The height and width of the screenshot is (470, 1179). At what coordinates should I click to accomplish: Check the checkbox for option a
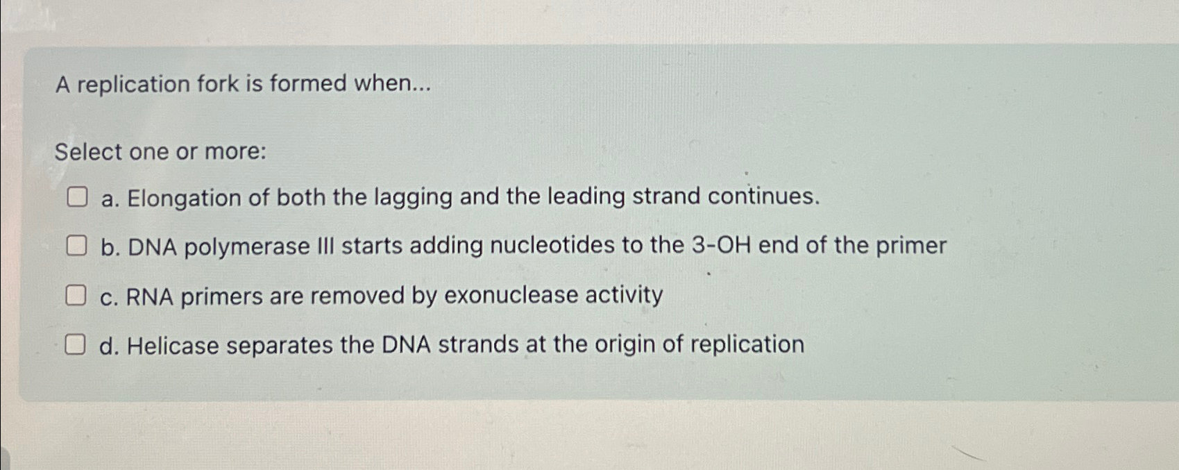(76, 198)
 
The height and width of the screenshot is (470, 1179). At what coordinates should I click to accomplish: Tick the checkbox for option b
(76, 246)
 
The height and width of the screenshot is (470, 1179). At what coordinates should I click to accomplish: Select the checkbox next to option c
(76, 296)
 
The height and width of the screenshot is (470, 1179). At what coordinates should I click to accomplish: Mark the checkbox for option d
(76, 345)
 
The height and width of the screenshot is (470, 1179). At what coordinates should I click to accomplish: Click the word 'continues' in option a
(760, 196)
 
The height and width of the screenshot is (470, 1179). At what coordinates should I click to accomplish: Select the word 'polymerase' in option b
(246, 247)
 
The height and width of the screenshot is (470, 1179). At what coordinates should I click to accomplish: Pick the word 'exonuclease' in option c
(511, 296)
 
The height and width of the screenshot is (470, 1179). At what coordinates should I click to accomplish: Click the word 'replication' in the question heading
(132, 85)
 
